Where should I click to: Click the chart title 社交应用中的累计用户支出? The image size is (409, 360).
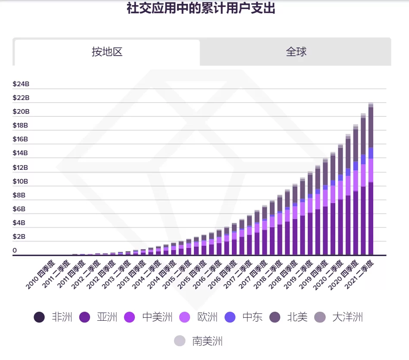pyautogui.click(x=201, y=8)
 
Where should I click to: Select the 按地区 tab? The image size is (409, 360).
pyautogui.click(x=107, y=52)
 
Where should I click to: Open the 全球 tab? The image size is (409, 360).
pyautogui.click(x=296, y=52)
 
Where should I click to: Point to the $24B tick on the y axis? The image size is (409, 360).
pyautogui.click(x=21, y=84)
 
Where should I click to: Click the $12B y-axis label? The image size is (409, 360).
pyautogui.click(x=21, y=167)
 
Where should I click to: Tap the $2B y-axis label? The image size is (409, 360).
pyautogui.click(x=19, y=237)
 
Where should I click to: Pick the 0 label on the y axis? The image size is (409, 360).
pyautogui.click(x=15, y=250)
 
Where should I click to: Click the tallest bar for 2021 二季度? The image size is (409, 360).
pyautogui.click(x=371, y=181)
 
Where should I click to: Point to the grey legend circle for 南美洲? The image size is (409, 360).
pyautogui.click(x=180, y=341)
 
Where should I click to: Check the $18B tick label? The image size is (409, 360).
pyautogui.click(x=21, y=125)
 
